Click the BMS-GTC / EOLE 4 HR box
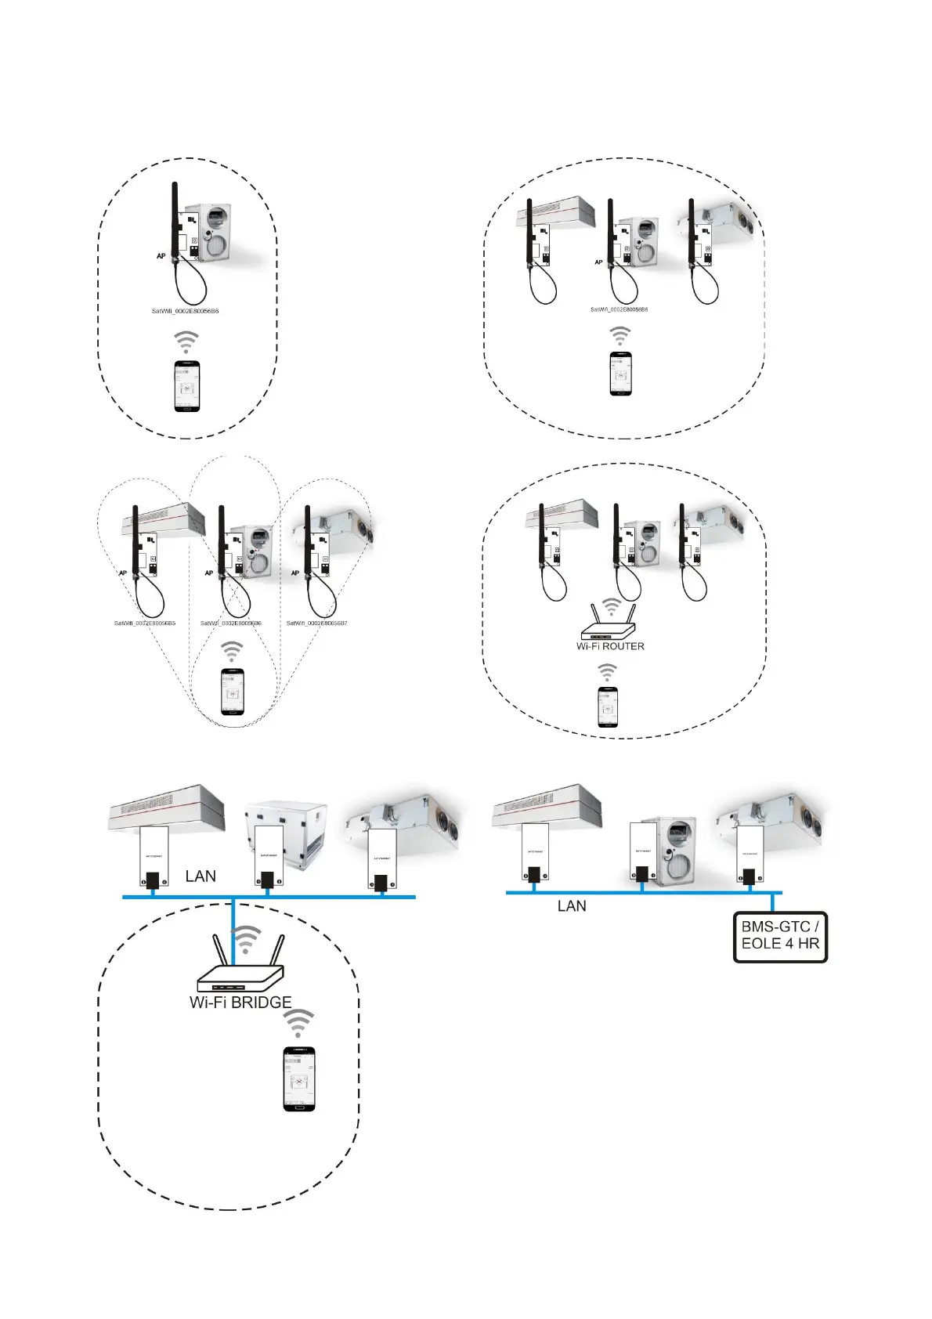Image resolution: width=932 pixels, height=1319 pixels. (780, 937)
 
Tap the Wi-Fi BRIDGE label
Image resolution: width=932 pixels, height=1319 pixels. (240, 1003)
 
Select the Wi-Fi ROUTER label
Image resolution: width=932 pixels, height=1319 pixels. (610, 646)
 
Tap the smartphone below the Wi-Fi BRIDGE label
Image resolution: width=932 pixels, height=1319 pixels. (298, 1079)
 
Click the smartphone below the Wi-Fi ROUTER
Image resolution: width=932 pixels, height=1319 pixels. (608, 707)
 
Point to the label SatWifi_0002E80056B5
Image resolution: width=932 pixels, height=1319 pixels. (145, 623)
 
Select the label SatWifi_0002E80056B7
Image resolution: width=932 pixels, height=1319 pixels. (317, 623)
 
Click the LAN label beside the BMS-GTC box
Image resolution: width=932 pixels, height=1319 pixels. (572, 906)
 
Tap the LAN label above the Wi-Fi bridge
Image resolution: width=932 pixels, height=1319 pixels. (200, 876)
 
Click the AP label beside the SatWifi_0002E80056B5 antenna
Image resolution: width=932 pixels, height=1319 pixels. (123, 573)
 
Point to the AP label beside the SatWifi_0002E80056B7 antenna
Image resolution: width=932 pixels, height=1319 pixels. (295, 573)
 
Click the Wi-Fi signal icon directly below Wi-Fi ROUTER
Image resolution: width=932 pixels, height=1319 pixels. (608, 672)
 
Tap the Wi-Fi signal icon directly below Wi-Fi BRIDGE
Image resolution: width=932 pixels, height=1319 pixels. (298, 1023)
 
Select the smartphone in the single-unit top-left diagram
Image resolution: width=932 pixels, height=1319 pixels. (187, 386)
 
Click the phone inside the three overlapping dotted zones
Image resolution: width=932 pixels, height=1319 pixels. (232, 691)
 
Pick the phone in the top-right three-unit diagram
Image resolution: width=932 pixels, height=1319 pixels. (620, 374)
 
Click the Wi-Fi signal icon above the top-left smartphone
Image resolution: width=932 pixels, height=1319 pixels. (186, 341)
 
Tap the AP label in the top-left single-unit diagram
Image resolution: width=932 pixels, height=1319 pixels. (161, 256)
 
